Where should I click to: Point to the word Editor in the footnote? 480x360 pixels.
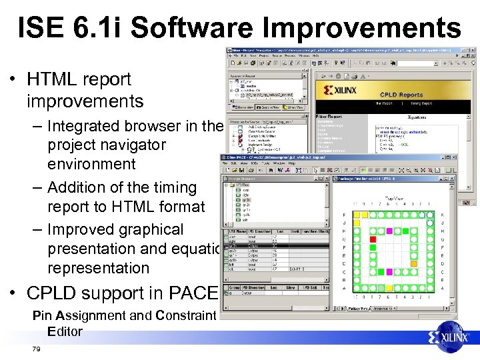point(65,331)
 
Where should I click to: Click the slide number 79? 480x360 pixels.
point(36,349)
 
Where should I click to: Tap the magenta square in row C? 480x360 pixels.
point(389,271)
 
